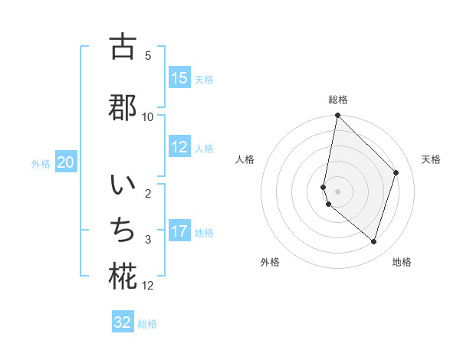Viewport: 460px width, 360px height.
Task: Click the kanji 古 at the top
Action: click(123, 47)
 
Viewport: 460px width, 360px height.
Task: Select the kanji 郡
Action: click(123, 106)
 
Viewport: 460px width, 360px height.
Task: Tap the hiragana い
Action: click(123, 187)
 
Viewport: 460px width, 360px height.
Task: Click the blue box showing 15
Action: click(179, 78)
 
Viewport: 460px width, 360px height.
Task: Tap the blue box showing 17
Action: click(179, 231)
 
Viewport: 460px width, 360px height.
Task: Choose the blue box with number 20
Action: click(66, 162)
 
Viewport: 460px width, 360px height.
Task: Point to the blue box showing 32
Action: click(123, 322)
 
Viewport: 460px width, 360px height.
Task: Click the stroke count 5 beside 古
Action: click(148, 55)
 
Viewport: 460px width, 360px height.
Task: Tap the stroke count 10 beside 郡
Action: click(148, 116)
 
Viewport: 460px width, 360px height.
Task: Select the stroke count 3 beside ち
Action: click(148, 240)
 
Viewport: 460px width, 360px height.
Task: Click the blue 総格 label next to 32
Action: click(147, 324)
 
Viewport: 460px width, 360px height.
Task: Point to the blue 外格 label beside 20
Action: click(41, 163)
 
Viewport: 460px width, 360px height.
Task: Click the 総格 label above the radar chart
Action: click(337, 100)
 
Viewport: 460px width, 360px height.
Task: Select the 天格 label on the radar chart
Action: click(431, 159)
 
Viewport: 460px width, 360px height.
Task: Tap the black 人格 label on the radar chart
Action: click(245, 159)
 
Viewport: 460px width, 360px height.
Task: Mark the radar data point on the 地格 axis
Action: click(373, 242)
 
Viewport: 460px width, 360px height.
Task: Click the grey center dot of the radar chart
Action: click(337, 191)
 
